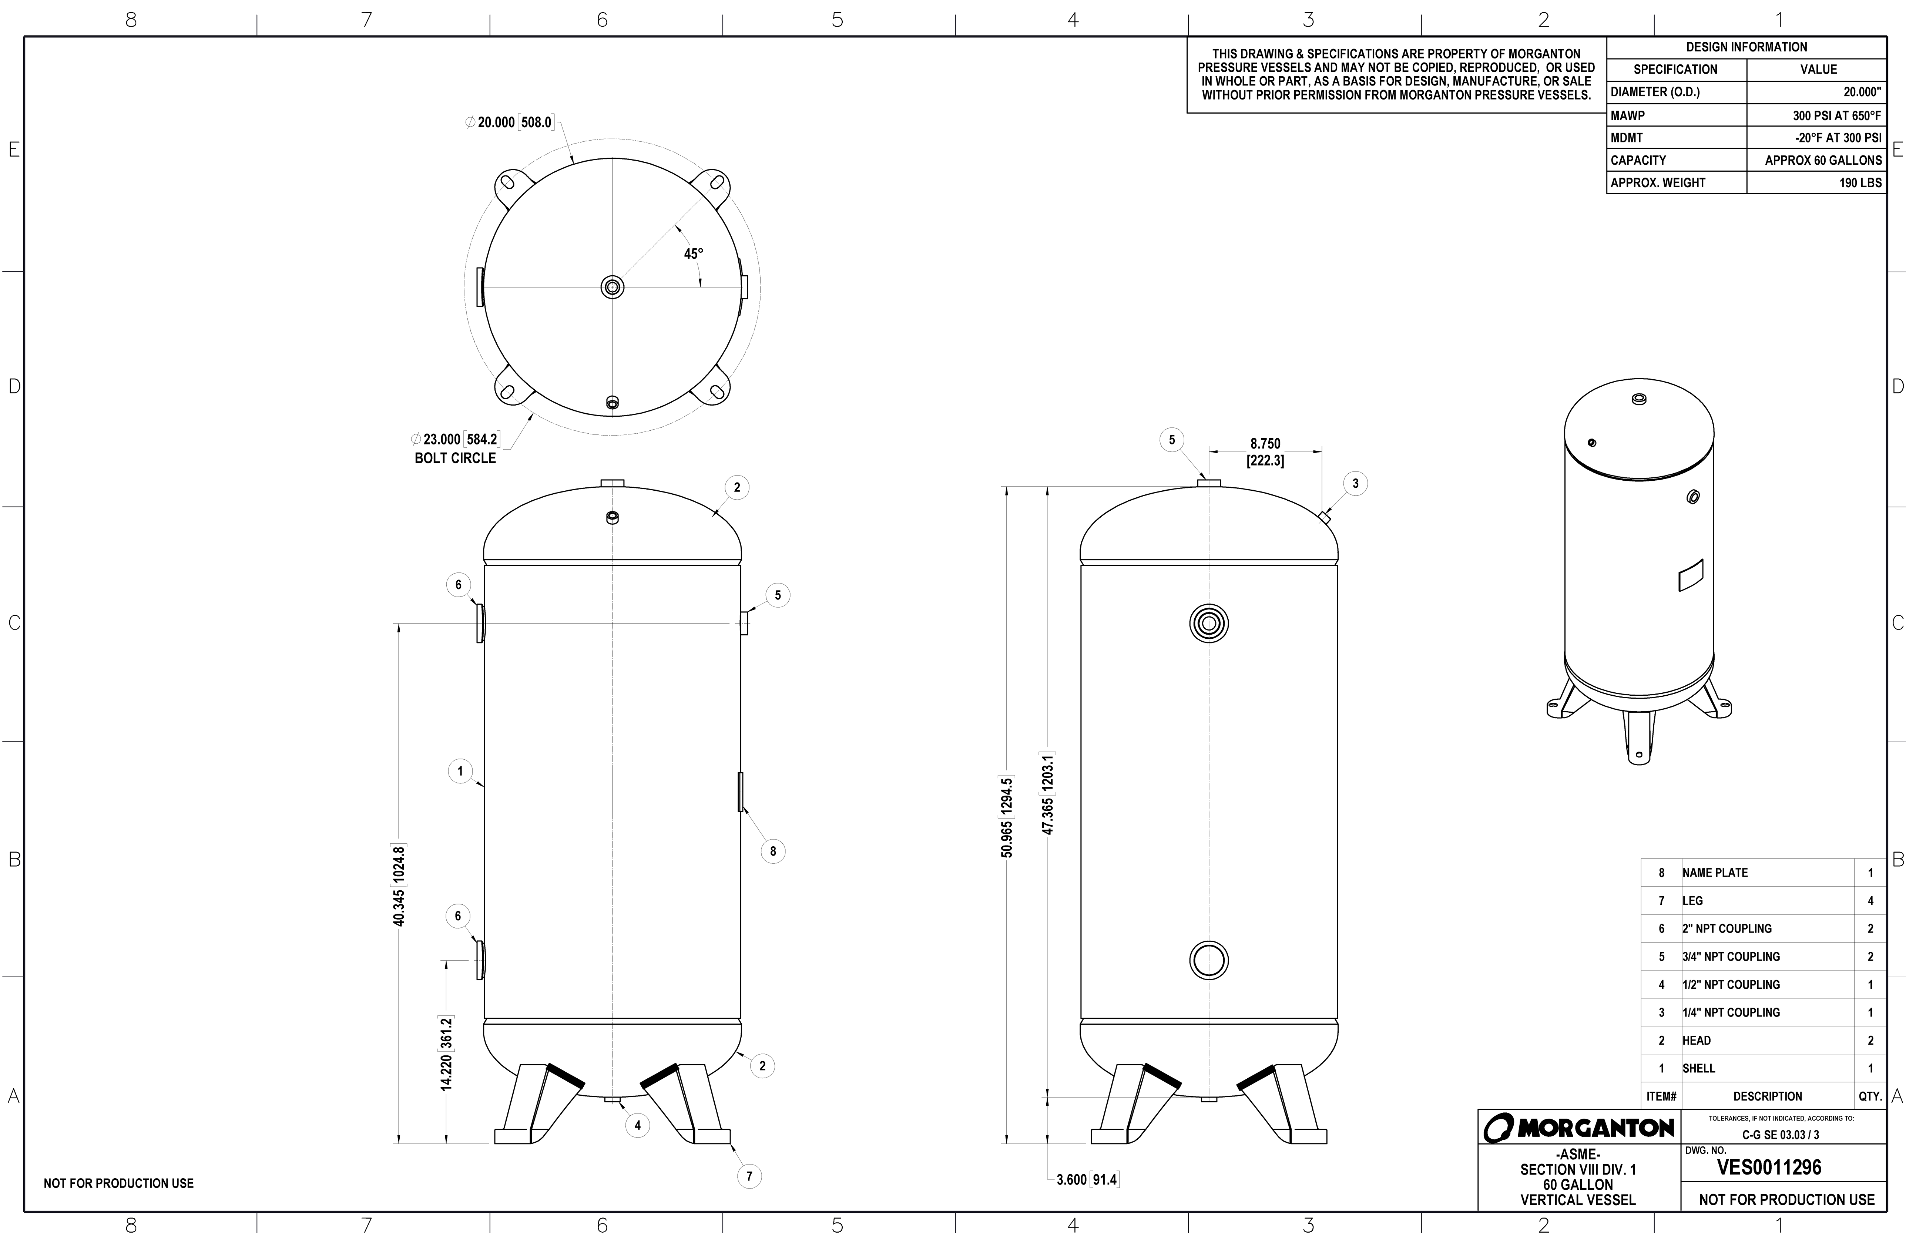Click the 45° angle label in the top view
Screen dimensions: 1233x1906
pos(693,254)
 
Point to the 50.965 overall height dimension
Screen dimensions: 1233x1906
pos(1007,817)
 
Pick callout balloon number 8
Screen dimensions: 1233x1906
pos(772,851)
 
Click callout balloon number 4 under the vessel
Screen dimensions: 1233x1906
pos(637,1125)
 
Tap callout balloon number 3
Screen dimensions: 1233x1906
pos(1355,484)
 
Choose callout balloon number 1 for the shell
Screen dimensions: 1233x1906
pos(460,771)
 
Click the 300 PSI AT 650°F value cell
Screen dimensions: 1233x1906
pos(1836,115)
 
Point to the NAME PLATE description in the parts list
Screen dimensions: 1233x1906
pos(1715,873)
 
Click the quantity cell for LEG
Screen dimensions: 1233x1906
pos(1870,901)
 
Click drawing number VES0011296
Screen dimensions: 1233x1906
pos(1768,1168)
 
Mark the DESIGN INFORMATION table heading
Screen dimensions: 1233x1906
pos(1746,47)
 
